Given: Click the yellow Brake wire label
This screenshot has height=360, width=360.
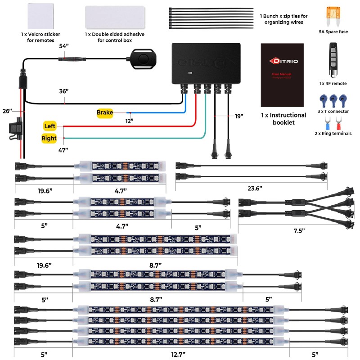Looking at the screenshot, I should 104,112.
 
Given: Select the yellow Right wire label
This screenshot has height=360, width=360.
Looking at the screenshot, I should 49,138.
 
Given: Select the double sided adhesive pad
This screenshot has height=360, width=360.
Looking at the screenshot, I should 114,17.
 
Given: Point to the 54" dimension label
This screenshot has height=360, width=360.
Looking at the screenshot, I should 64,46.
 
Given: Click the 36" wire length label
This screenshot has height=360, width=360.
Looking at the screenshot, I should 64,91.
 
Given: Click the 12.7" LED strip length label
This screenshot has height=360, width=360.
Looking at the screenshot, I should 179,354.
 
